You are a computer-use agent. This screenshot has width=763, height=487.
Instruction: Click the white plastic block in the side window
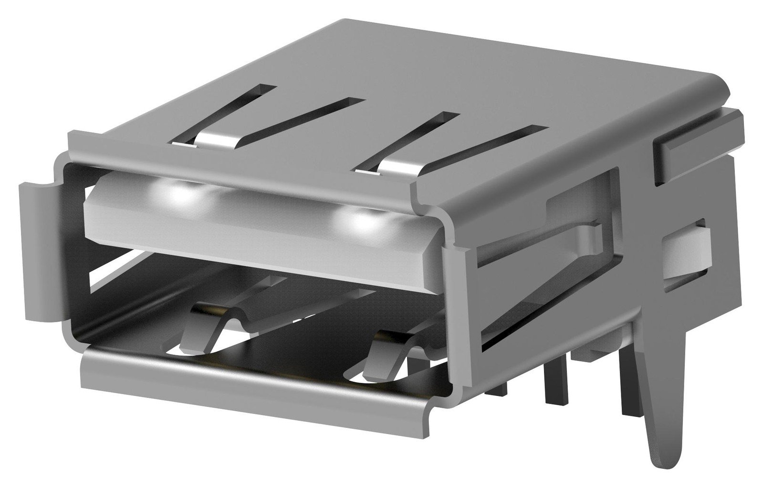687,255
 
